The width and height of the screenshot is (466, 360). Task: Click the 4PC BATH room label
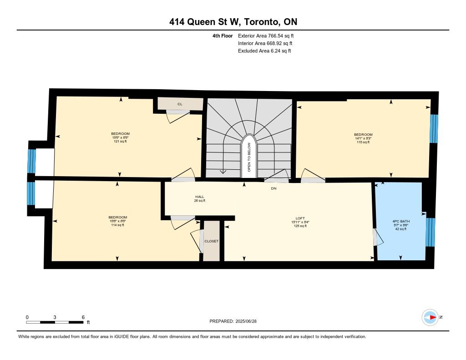click(x=401, y=221)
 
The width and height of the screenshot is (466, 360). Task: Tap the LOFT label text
click(x=300, y=218)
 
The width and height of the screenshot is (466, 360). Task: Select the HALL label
click(x=200, y=197)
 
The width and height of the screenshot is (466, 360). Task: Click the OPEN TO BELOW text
click(x=249, y=157)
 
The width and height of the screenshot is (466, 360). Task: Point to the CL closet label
click(x=180, y=104)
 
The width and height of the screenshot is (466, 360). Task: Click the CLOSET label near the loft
click(x=211, y=241)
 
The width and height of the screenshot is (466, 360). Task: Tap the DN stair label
click(x=274, y=188)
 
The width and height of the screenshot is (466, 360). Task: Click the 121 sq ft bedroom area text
click(x=120, y=141)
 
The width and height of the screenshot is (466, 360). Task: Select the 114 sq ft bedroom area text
click(x=117, y=225)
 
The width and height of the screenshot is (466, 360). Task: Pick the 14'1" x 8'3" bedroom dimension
click(x=363, y=138)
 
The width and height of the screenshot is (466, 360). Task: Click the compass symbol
click(x=430, y=317)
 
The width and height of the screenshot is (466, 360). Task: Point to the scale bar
click(x=55, y=322)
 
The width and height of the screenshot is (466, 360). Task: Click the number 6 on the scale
click(x=83, y=317)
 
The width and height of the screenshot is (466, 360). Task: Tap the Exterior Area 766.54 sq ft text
click(x=266, y=35)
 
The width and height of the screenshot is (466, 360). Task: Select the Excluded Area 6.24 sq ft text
click(x=264, y=51)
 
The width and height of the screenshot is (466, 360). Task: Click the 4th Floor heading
click(x=223, y=35)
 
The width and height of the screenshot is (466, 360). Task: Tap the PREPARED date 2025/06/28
click(x=246, y=321)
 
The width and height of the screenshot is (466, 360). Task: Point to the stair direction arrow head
click(x=222, y=172)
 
